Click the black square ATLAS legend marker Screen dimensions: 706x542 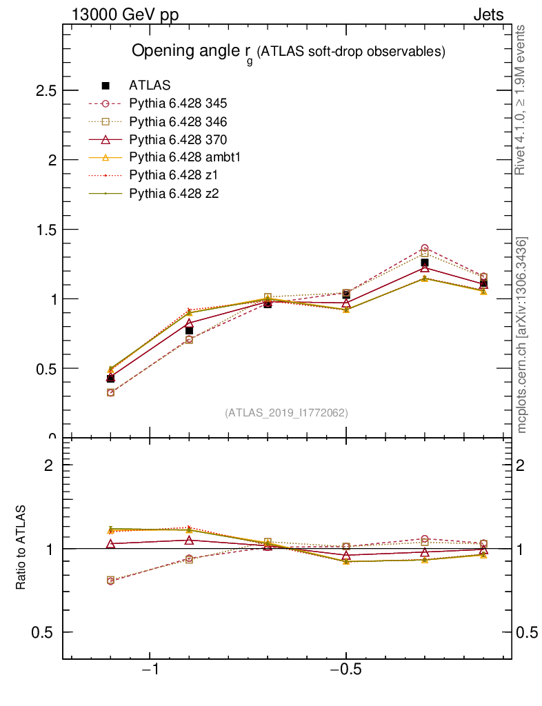click(106, 85)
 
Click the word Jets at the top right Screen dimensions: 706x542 click(488, 15)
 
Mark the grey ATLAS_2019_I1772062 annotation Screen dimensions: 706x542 click(286, 413)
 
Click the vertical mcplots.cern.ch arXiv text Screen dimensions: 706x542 click(522, 335)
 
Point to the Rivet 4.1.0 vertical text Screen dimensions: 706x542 click(522, 100)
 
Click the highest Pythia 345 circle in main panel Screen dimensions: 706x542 click(425, 248)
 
